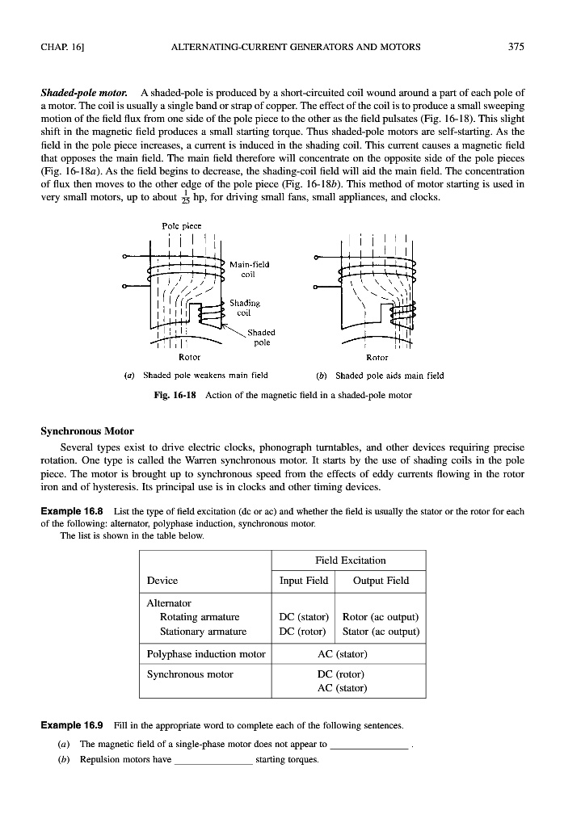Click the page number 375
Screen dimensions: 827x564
click(x=516, y=47)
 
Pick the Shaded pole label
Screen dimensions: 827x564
click(x=261, y=337)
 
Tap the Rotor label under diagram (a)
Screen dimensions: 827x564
click(x=188, y=356)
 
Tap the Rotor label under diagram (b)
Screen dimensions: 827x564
click(x=377, y=356)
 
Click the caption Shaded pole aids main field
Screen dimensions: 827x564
click(x=389, y=375)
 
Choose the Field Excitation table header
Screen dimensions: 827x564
click(x=350, y=560)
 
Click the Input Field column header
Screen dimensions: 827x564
click(x=303, y=580)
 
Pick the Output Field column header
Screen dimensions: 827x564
click(x=381, y=580)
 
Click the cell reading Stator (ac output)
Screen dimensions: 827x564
click(x=381, y=631)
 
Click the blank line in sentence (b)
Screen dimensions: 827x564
click(x=213, y=760)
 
